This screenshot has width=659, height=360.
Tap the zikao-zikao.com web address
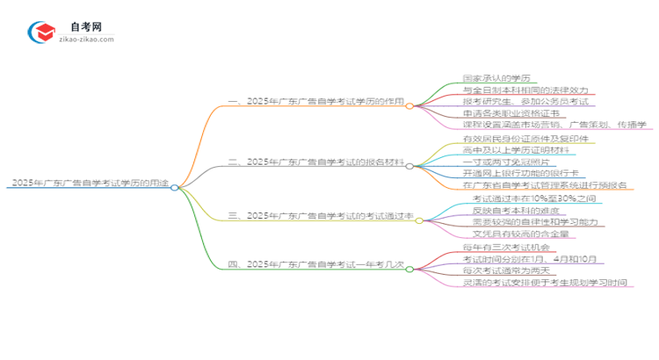(x=85, y=40)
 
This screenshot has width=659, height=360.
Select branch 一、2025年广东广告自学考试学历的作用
(x=316, y=102)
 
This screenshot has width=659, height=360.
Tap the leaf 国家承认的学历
(x=498, y=77)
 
